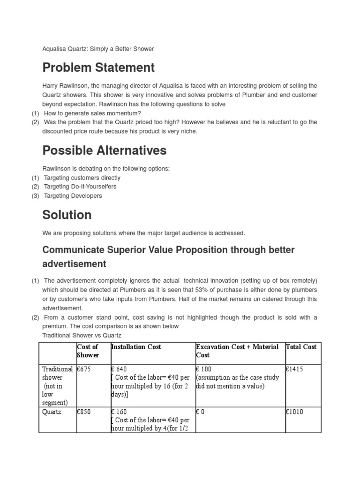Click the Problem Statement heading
(98, 67)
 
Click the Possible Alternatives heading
(104, 150)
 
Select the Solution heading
(67, 215)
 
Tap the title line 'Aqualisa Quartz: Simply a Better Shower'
(98, 49)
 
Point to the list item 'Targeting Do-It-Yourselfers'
(80, 187)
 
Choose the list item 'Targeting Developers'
(73, 195)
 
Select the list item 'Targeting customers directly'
(82, 178)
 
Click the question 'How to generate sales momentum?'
(92, 113)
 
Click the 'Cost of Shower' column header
(88, 351)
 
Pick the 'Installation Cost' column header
(136, 347)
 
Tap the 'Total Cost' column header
(301, 347)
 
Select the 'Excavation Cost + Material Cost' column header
(237, 351)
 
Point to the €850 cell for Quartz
(84, 412)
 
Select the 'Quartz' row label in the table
(52, 412)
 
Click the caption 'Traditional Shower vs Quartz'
(82, 335)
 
